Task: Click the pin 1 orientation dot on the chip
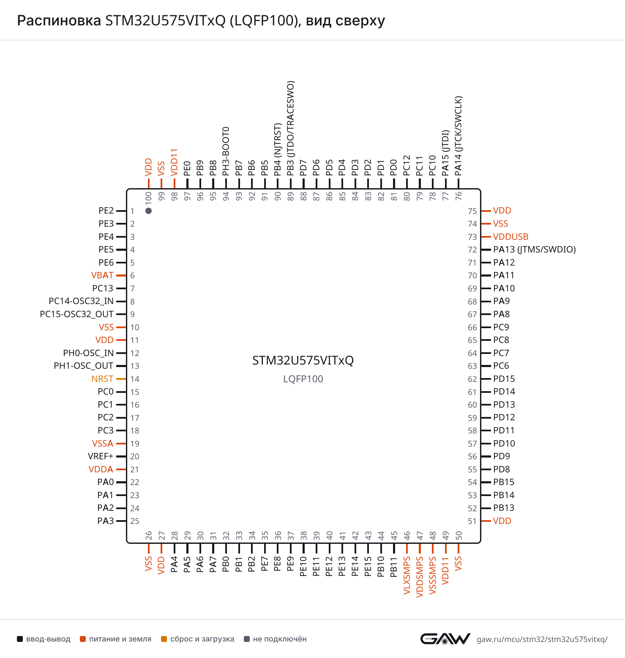point(148,211)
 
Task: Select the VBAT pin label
point(102,275)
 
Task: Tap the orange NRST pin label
point(102,379)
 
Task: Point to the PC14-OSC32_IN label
point(81,301)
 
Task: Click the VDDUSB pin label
point(511,237)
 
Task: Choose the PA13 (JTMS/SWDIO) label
point(535,249)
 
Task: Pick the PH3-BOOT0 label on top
point(226,151)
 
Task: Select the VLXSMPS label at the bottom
point(407,576)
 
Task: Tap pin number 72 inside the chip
point(472,250)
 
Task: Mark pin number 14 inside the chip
point(135,379)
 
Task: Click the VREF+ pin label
point(101,456)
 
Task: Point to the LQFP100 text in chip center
point(303,379)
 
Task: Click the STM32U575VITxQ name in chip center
point(303,360)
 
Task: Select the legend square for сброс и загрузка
point(164,639)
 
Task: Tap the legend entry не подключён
point(276,639)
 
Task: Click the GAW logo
point(445,639)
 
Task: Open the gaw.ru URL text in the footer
point(542,639)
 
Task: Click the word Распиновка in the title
point(59,20)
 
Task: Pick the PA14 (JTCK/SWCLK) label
point(459,136)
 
